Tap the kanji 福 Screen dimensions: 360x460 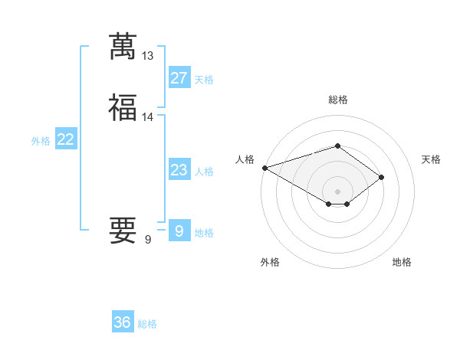click(123, 108)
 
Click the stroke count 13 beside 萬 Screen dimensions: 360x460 click(148, 56)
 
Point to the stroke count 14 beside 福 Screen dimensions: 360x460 click(148, 117)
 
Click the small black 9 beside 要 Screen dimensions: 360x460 click(148, 240)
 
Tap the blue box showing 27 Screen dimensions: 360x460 click(179, 78)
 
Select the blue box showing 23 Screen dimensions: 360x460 click(179, 170)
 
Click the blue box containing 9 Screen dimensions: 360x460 click(179, 231)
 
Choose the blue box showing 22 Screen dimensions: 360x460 click(65, 139)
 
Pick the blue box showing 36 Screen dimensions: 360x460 click(123, 322)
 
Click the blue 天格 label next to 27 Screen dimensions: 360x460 click(204, 80)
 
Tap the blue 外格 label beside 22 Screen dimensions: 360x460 click(41, 141)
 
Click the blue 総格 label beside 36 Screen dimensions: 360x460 click(147, 324)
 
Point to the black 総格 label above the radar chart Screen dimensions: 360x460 click(337, 100)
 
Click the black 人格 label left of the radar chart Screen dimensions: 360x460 click(245, 159)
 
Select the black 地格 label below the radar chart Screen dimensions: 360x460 click(402, 262)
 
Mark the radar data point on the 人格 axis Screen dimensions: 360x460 click(264, 167)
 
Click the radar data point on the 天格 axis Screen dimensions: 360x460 click(381, 177)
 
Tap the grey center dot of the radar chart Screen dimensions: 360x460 click(337, 191)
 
